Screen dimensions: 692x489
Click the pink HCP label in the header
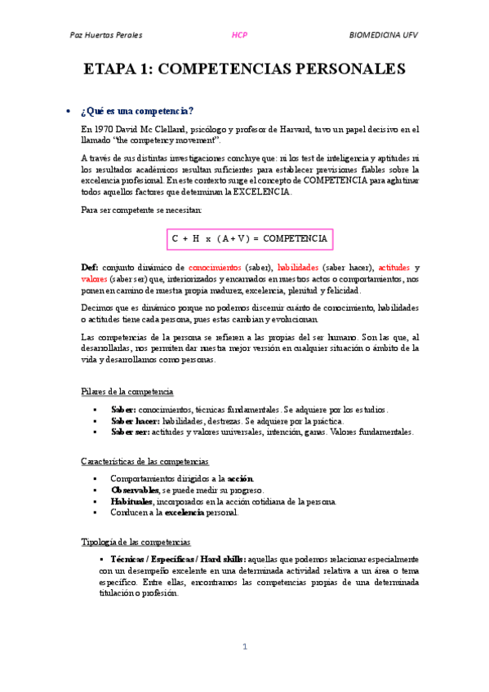point(239,36)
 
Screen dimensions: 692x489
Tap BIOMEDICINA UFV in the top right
point(384,36)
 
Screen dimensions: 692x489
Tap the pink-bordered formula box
point(249,238)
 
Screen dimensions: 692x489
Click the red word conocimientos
point(215,267)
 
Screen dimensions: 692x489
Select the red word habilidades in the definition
point(298,267)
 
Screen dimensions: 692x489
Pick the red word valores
point(94,278)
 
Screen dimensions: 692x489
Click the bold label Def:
point(90,267)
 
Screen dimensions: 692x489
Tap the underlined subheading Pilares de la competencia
point(127,391)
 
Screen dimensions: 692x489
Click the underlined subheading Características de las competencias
point(144,461)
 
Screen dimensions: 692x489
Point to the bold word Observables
point(136,490)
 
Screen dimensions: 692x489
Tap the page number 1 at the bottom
point(244,646)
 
